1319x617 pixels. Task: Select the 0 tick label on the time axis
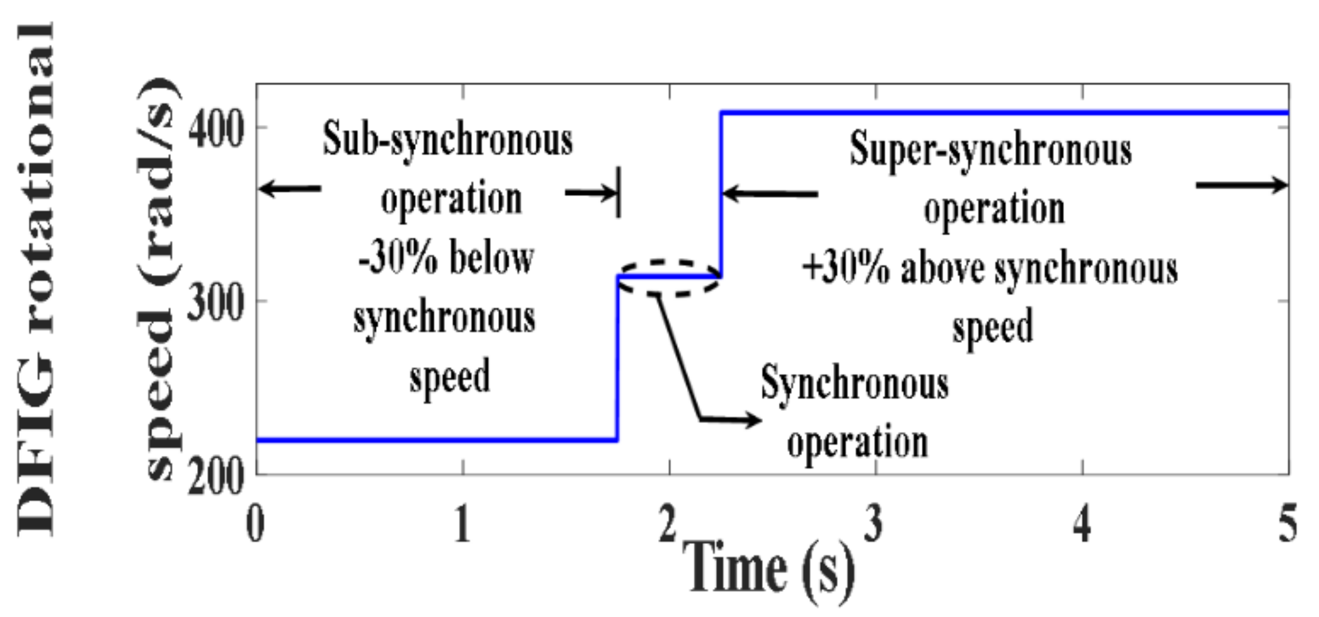pos(256,524)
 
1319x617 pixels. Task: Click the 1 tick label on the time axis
pos(462,524)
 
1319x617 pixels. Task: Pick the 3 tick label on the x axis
pos(873,524)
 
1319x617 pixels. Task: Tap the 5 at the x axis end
pos(1288,524)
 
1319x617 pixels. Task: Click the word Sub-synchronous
pos(448,140)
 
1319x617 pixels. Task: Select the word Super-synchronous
pos(991,150)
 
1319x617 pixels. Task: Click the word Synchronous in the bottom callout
pos(855,384)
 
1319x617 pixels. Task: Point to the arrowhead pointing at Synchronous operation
pos(753,420)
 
